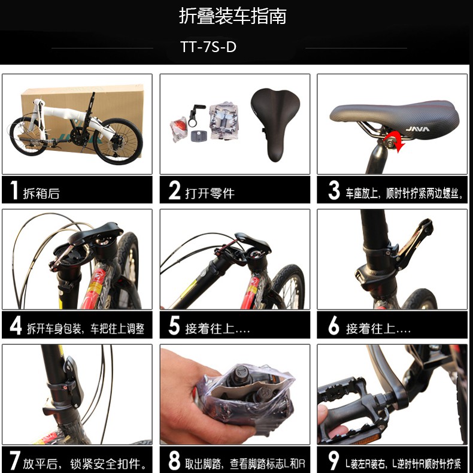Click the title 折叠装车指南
[232, 16]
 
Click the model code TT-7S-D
[208, 47]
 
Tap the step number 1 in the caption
[14, 190]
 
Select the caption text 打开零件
[210, 193]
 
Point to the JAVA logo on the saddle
[417, 129]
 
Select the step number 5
[174, 325]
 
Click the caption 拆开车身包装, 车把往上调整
[86, 329]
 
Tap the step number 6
[333, 326]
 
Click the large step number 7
[15, 460]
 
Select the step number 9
[333, 460]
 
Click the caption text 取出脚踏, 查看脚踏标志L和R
[245, 463]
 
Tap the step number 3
[333, 190]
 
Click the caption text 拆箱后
[41, 193]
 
